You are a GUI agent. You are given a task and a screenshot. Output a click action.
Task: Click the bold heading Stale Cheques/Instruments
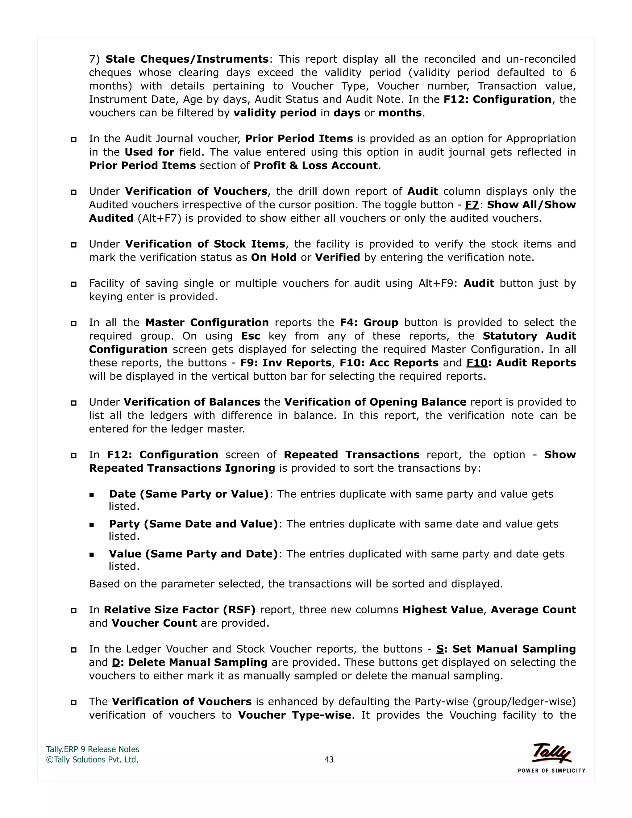click(187, 59)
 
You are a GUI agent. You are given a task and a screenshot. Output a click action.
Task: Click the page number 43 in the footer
click(329, 760)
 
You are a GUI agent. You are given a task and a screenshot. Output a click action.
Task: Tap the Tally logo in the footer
click(551, 753)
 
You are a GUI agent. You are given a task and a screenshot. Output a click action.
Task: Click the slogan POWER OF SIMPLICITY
click(551, 770)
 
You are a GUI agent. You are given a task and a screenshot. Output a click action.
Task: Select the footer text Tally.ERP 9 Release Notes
click(93, 749)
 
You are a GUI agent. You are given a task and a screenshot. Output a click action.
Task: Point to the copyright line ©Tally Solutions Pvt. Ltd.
click(92, 760)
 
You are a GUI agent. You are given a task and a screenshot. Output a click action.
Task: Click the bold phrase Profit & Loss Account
click(315, 165)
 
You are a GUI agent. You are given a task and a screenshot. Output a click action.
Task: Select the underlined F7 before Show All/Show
click(472, 205)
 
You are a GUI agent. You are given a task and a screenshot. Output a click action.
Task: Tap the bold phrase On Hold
click(273, 258)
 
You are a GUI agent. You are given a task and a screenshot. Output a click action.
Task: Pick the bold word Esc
click(251, 336)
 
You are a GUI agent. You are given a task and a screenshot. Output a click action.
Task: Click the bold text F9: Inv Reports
click(285, 363)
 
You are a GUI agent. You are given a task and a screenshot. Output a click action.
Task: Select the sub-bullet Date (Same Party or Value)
click(189, 494)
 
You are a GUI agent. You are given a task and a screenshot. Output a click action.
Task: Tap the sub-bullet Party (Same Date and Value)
click(193, 524)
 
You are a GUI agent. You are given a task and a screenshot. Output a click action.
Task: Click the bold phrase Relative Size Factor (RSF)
click(179, 610)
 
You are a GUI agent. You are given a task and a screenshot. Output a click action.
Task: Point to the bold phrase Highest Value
click(442, 610)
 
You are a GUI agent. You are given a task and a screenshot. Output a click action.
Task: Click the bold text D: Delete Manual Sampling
click(189, 662)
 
